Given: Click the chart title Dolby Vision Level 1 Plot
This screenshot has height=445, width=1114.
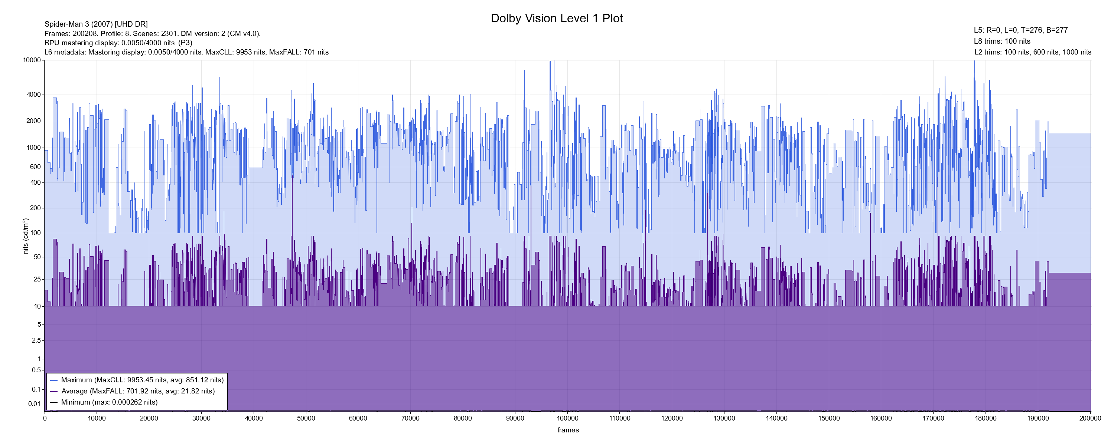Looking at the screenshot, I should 557,18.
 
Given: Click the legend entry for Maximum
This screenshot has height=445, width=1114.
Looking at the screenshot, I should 142,380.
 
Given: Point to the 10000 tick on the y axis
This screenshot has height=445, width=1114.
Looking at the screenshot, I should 32,60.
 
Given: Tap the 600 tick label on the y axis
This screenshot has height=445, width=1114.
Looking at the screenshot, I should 35,167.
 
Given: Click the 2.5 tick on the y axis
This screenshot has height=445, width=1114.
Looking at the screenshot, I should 36,340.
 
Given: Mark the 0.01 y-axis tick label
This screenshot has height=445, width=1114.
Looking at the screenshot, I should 34,404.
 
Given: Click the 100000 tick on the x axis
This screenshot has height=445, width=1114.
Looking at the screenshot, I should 567,418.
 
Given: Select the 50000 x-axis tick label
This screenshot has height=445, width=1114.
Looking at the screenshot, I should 306,418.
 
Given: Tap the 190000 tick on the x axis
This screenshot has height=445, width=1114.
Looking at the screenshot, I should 1038,418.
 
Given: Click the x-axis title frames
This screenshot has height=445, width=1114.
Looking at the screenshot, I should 568,430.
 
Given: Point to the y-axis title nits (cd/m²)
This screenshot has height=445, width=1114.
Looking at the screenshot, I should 25,236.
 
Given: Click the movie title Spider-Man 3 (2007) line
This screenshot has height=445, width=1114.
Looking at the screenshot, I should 96,24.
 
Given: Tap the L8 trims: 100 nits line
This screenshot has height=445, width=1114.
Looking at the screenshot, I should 1002,42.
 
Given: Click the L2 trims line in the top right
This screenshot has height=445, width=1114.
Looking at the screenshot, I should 1033,52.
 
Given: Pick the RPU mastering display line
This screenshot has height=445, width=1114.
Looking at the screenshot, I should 118,43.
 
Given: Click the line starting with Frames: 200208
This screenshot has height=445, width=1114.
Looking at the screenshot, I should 152,34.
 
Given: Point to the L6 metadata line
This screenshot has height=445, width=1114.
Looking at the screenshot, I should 186,52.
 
